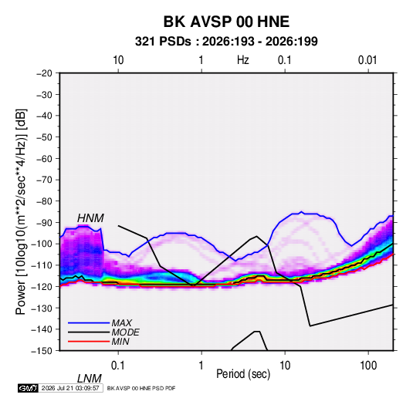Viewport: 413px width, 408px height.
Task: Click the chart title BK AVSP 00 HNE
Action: [226, 22]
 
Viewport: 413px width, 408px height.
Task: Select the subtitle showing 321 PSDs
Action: [226, 42]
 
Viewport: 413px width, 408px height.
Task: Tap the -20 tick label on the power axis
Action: [44, 73]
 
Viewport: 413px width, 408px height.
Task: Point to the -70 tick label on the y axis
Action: [44, 180]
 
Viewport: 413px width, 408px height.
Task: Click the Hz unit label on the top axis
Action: [243, 60]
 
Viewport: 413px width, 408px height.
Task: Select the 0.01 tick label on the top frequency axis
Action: [367, 60]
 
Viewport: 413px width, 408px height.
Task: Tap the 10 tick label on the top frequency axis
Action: [118, 60]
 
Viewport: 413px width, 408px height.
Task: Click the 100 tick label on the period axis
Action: [368, 366]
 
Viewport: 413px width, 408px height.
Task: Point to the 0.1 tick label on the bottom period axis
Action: [118, 366]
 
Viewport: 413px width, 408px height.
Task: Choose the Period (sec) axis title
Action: [243, 374]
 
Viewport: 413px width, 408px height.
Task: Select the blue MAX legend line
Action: [89, 323]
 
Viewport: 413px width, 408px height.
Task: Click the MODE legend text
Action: [125, 332]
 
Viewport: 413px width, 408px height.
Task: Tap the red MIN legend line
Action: [89, 342]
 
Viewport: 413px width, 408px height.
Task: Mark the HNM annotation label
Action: [90, 218]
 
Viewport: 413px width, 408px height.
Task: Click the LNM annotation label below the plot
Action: [90, 379]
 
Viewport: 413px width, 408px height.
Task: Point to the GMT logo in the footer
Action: [28, 388]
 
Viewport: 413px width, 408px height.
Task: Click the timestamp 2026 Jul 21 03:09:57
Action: [70, 388]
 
